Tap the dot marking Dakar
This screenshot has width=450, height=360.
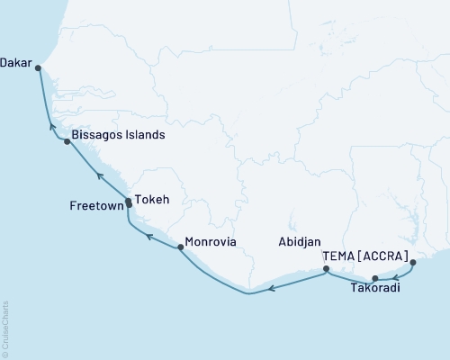(38, 66)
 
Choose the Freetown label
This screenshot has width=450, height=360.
(94, 206)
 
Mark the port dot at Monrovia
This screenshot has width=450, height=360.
(181, 246)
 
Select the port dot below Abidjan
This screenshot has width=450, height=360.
(326, 268)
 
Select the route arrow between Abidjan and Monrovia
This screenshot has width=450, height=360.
(274, 287)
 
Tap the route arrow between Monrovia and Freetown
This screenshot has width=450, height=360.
(150, 238)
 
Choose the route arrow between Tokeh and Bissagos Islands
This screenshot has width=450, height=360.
(101, 176)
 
